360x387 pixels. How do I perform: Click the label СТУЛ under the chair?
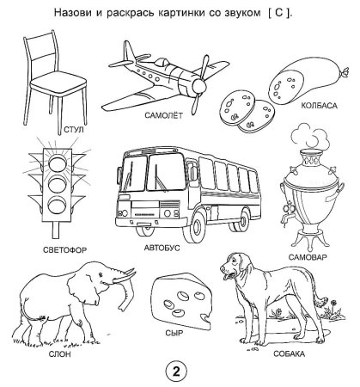pos(74,130)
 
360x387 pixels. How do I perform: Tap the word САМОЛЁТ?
pos(163,115)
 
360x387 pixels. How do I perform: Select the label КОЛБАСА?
pos(319,106)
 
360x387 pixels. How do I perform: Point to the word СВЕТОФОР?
pos(65,250)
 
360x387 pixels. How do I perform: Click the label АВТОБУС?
pos(162,248)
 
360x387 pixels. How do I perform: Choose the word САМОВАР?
pos(308,257)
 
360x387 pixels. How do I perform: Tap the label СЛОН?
pos(59,354)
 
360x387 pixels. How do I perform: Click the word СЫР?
pos(174,333)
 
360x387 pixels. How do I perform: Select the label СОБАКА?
pos(289,353)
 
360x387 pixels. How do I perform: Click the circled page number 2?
pos(176,372)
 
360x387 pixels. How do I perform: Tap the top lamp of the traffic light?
pos(58,163)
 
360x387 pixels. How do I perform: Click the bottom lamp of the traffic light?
pos(57,206)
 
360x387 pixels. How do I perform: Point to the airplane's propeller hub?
pos(198,85)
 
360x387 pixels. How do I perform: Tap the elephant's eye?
pos(101,274)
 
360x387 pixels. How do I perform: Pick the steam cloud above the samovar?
pos(309,137)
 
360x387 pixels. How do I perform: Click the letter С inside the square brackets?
pos(278,13)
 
